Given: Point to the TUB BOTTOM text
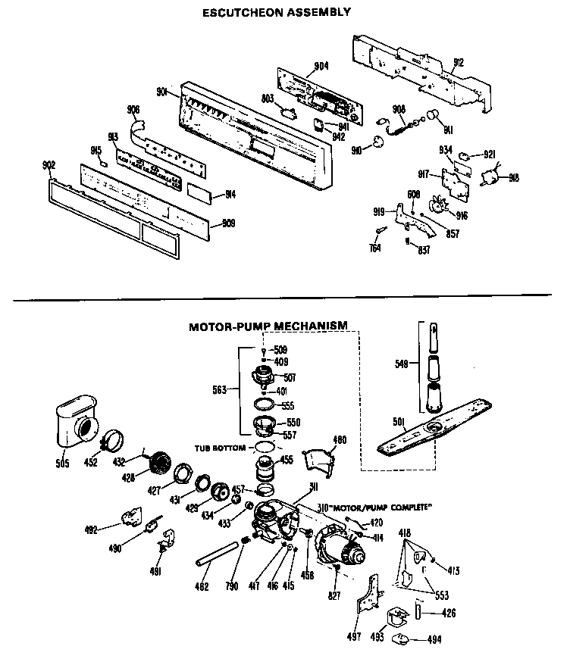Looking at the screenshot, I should pyautogui.click(x=220, y=448).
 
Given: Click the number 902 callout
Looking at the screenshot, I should pyautogui.click(x=49, y=165).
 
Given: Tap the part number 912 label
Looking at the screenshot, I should pyautogui.click(x=458, y=62).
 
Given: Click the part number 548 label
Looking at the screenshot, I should pyautogui.click(x=401, y=364).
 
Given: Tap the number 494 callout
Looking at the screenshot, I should pyautogui.click(x=434, y=640).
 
